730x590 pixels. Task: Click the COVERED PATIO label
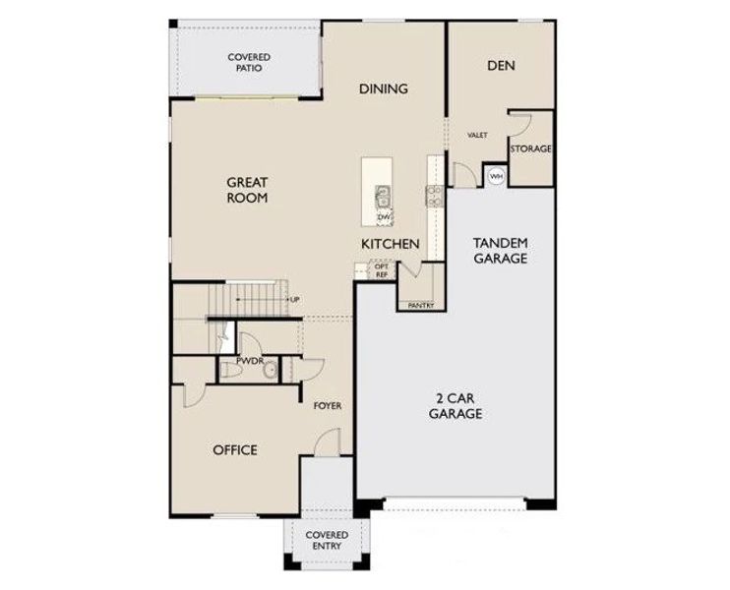[249, 63]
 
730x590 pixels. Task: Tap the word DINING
[383, 88]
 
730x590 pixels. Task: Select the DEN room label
[502, 66]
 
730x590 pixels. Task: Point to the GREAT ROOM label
[248, 190]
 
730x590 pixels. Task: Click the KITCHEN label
[391, 244]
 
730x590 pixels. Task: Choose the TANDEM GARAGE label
[501, 251]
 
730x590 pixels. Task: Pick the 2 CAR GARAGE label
[455, 407]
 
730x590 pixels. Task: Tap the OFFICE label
[235, 450]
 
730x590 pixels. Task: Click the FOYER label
[327, 405]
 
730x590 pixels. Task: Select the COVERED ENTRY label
[327, 540]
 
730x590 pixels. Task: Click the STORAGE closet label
[530, 148]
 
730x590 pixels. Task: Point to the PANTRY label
[421, 305]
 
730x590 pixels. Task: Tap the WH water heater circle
[496, 176]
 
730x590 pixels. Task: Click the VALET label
[478, 135]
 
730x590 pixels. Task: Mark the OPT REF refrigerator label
[382, 270]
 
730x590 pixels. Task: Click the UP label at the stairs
[294, 299]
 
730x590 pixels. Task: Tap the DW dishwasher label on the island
[385, 216]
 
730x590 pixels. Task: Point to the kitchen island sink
[383, 194]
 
